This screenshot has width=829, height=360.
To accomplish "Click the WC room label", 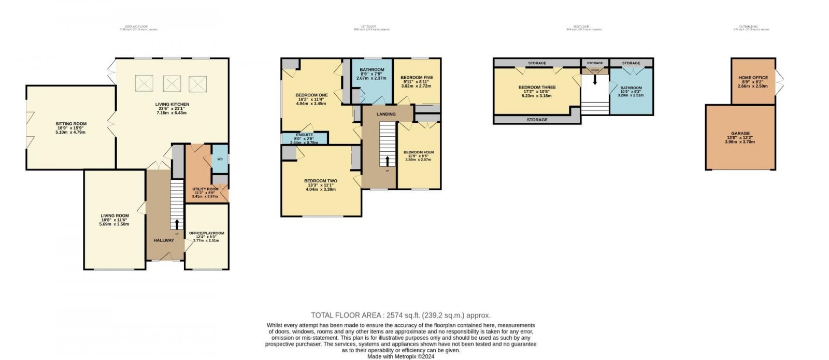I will click(220, 159).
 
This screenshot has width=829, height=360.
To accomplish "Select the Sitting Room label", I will click(71, 124).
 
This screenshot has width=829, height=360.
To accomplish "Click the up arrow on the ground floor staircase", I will click(177, 224).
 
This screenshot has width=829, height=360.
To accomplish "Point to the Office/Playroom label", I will click(206, 234).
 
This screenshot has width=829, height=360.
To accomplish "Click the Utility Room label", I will click(205, 190).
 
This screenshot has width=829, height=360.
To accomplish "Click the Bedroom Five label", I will click(417, 78).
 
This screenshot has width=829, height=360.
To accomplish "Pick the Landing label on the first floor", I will click(385, 114).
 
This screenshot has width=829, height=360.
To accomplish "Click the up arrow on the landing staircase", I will click(387, 160).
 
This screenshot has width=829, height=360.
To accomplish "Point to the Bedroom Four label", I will click(419, 152).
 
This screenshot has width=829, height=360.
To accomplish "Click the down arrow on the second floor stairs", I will click(595, 80).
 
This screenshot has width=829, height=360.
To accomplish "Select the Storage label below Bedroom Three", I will click(537, 120).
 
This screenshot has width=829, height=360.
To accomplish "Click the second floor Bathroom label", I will click(631, 88).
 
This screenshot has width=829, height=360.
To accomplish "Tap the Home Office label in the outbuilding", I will click(753, 78).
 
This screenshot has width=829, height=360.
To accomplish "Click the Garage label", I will click(740, 134).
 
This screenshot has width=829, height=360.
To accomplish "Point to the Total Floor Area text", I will click(401, 315).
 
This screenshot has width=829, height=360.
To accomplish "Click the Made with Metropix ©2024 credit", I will click(401, 356).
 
